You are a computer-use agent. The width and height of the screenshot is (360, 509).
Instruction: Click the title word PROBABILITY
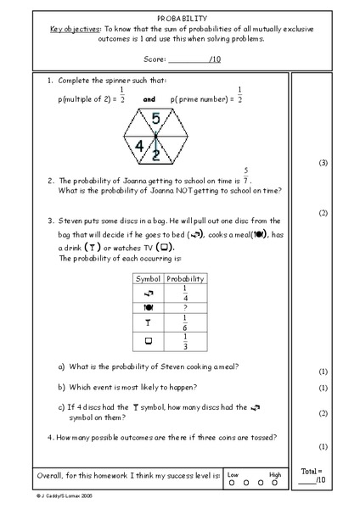(179, 17)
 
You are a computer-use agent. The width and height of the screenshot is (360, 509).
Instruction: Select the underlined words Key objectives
(70, 28)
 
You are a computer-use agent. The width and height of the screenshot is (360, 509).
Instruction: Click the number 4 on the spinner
(140, 145)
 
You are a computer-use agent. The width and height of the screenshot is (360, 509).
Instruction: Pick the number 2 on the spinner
(155, 154)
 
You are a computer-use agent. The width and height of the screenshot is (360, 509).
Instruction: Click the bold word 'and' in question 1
(149, 98)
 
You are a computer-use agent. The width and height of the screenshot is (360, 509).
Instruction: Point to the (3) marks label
(322, 163)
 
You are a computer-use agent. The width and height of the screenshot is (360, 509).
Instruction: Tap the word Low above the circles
(233, 473)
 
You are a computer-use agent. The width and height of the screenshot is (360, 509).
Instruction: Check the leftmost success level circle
(233, 484)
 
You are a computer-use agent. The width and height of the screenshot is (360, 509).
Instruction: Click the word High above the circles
(275, 473)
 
